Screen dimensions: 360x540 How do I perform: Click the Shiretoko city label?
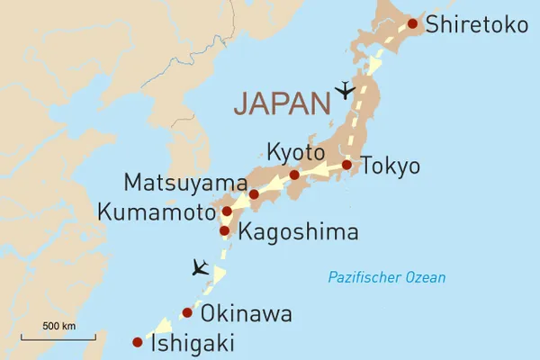coord(476,25)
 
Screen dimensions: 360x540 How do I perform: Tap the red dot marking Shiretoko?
coord(412,24)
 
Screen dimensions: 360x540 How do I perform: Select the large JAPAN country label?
coord(282,103)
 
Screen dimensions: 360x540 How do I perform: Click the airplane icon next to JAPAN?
coord(345,90)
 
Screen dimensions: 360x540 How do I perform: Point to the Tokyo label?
coord(390,166)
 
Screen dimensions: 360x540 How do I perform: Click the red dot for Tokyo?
coord(347,165)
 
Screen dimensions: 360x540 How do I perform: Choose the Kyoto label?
coord(293,149)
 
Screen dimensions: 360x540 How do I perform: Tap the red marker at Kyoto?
coord(294,175)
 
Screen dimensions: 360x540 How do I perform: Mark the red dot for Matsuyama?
coord(254,194)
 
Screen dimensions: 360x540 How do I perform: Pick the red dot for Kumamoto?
coord(227,212)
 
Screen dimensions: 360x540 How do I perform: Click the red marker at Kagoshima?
coord(225,230)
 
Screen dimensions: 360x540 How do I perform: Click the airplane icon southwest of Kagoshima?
coord(200,267)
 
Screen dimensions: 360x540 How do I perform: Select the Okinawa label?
coord(246,315)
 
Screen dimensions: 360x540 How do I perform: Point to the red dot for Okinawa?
coord(187,313)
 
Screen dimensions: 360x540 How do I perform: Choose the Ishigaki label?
coord(193,343)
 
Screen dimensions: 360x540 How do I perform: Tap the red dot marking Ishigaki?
coord(138,342)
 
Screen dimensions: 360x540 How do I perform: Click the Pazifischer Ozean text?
coord(386,277)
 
